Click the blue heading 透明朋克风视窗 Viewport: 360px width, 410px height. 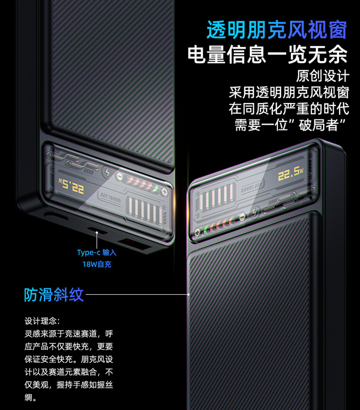tap(277, 30)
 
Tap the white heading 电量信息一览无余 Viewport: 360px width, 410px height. tap(267, 55)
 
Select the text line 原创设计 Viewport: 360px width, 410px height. tap(323, 76)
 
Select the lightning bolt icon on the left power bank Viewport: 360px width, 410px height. tap(107, 172)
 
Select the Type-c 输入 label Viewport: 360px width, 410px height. tap(97, 253)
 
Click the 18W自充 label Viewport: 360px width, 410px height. tap(97, 264)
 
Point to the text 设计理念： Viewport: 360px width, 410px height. tap(43, 321)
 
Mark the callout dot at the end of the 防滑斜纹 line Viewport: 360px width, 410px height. tap(189, 295)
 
